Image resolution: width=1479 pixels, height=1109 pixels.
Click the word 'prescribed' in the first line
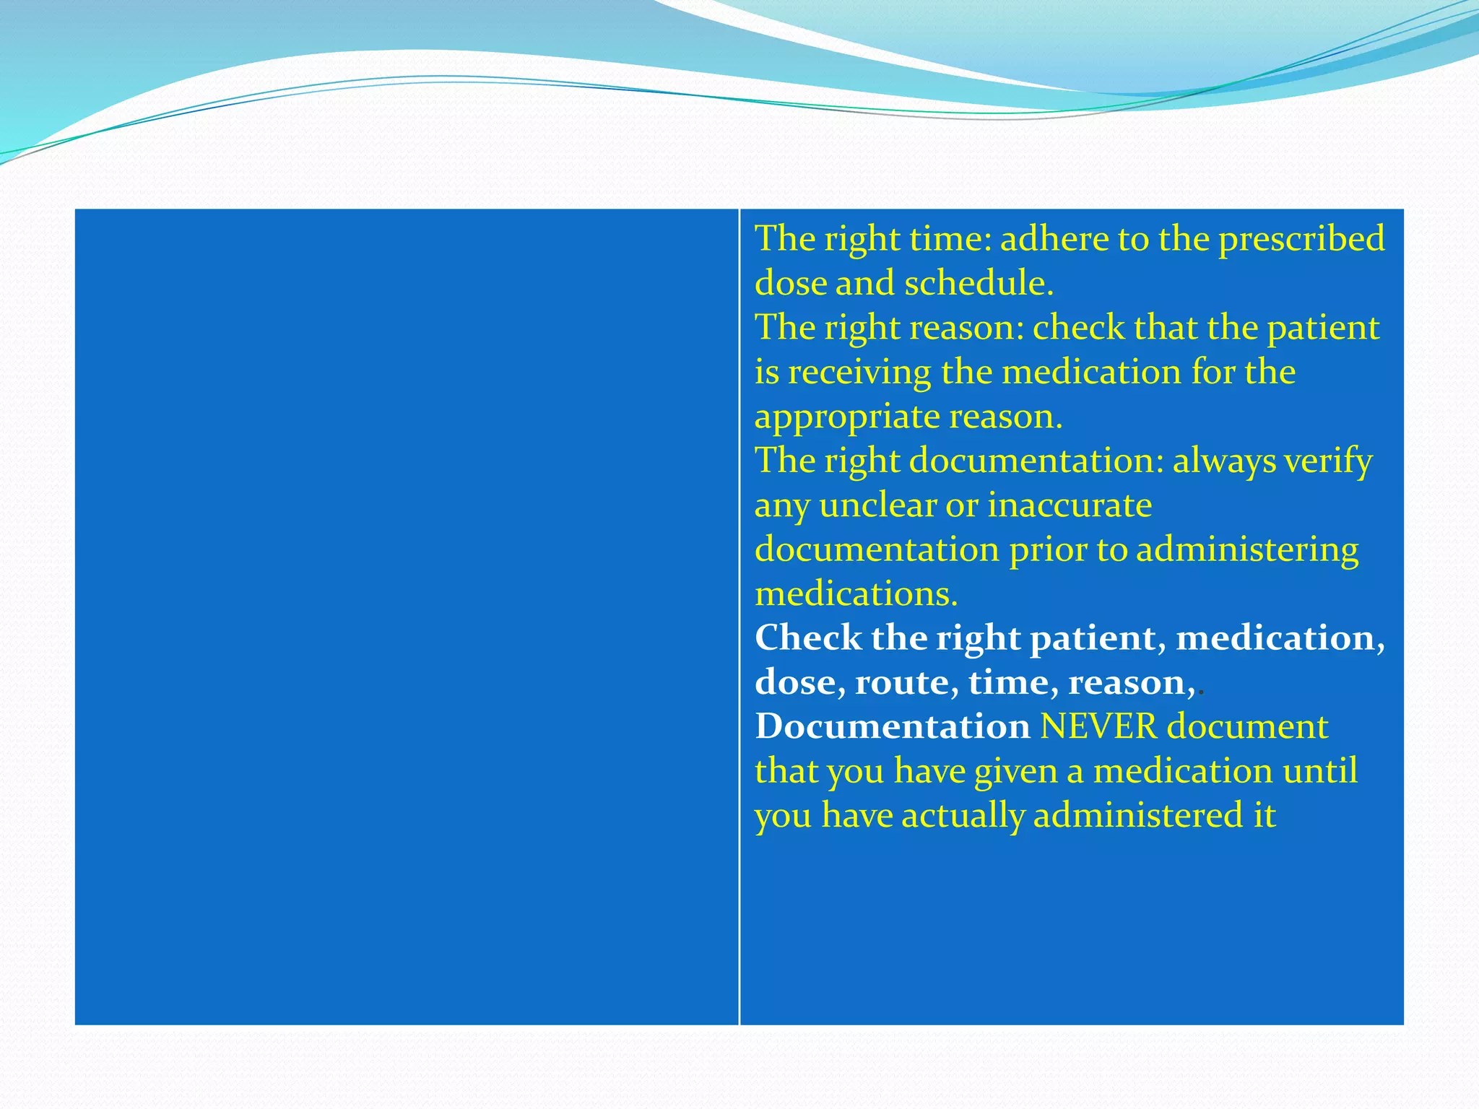click(1301, 239)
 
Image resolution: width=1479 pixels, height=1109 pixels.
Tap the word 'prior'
click(1048, 550)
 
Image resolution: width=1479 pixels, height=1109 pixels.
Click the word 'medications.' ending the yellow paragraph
click(856, 594)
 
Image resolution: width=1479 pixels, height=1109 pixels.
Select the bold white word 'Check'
click(808, 638)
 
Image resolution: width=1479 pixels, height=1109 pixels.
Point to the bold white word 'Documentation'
click(892, 727)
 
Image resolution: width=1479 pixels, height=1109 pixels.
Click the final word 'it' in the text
click(1264, 816)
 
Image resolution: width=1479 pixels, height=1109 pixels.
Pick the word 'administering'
click(1247, 550)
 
